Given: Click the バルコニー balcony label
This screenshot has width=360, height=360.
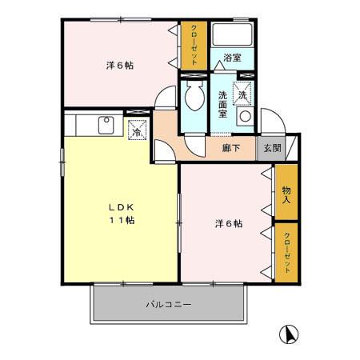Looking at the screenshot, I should [168, 305].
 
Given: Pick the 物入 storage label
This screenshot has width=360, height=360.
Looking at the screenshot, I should [286, 194].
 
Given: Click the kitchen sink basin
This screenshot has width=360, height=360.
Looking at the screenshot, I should [105, 125].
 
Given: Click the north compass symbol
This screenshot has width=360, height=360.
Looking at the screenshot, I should [288, 334].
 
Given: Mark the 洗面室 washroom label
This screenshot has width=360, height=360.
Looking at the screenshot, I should [223, 105].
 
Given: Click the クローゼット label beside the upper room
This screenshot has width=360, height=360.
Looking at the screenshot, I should [194, 46].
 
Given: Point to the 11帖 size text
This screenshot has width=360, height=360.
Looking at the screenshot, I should [122, 220].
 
